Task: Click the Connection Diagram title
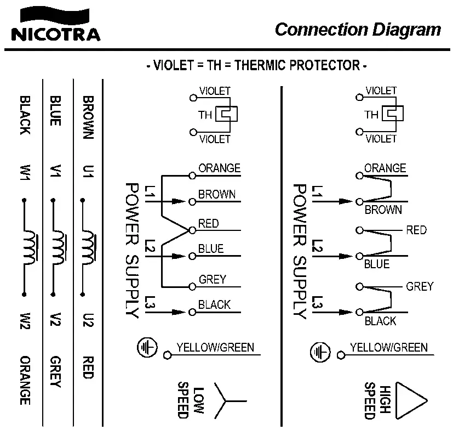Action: [x=358, y=29]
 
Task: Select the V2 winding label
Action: [x=55, y=320]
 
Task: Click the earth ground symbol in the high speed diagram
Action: [x=320, y=351]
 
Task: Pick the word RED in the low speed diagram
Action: [x=208, y=223]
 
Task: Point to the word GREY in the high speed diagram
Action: [x=420, y=286]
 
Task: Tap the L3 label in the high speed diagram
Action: [x=317, y=303]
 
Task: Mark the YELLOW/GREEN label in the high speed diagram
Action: [x=388, y=347]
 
